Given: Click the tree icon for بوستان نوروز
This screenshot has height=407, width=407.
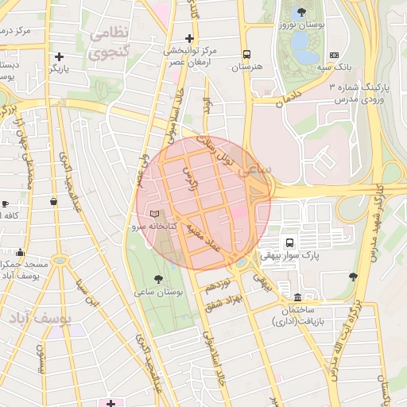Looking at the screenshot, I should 300,12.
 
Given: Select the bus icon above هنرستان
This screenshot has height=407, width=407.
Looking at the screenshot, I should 247,55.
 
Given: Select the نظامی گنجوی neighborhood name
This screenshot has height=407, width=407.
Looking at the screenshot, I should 111,44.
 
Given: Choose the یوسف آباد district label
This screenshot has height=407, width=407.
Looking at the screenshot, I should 40,318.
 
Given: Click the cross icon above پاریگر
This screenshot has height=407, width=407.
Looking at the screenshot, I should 60,56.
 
